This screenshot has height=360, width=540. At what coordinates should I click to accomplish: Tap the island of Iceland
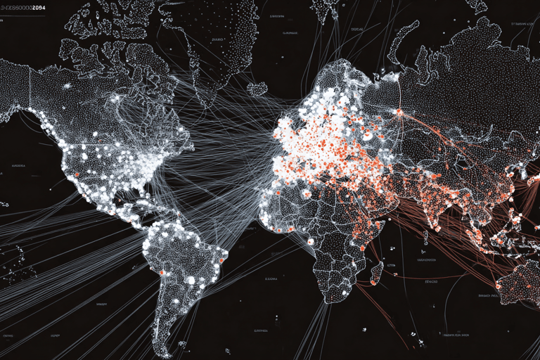[x=257, y=89]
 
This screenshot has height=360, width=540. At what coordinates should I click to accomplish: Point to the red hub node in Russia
[x=399, y=111]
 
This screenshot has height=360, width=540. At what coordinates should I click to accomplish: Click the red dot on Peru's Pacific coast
[x=162, y=272]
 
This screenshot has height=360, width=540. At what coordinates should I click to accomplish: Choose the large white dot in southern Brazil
[x=190, y=280]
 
